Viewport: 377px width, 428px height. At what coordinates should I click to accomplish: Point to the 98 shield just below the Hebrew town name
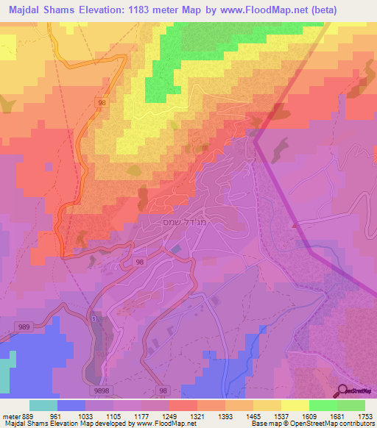[139, 261]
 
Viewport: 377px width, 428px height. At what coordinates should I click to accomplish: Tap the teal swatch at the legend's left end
[43, 405]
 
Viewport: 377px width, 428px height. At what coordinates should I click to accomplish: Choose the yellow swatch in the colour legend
[295, 405]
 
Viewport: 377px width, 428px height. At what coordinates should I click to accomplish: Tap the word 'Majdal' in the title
[21, 9]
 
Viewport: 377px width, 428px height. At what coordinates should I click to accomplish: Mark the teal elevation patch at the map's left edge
[7, 371]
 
